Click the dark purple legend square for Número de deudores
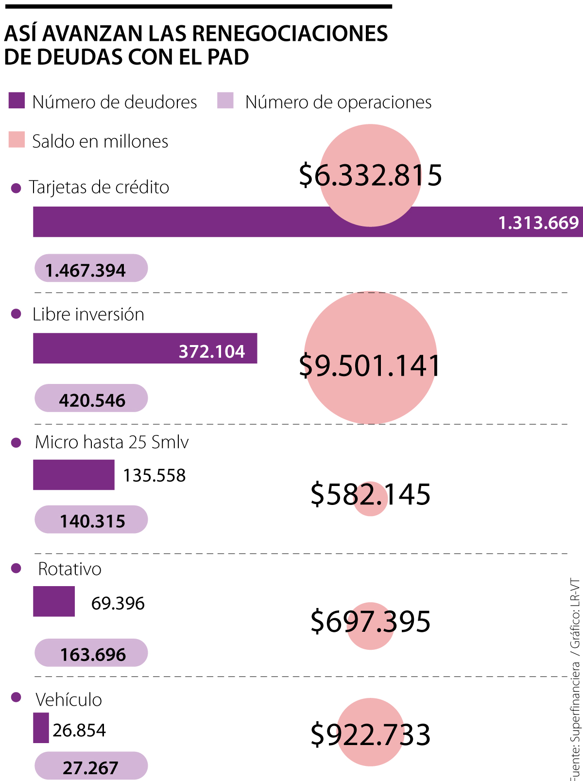[17, 100]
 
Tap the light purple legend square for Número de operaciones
[225, 100]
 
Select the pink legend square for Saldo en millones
[17, 139]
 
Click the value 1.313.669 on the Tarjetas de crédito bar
[538, 223]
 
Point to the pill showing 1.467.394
[91, 268]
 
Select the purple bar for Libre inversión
[145, 348]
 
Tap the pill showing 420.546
[91, 399]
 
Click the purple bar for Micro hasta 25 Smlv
[73, 475]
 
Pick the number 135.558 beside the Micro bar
[154, 475]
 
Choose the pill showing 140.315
[91, 520]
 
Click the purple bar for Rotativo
[54, 601]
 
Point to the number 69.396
[118, 603]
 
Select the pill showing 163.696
[91, 653]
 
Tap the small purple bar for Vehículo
[41, 728]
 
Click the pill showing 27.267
[91, 766]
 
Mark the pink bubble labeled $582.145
[370, 498]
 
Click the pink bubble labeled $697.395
[370, 625]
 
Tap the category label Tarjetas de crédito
[99, 187]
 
